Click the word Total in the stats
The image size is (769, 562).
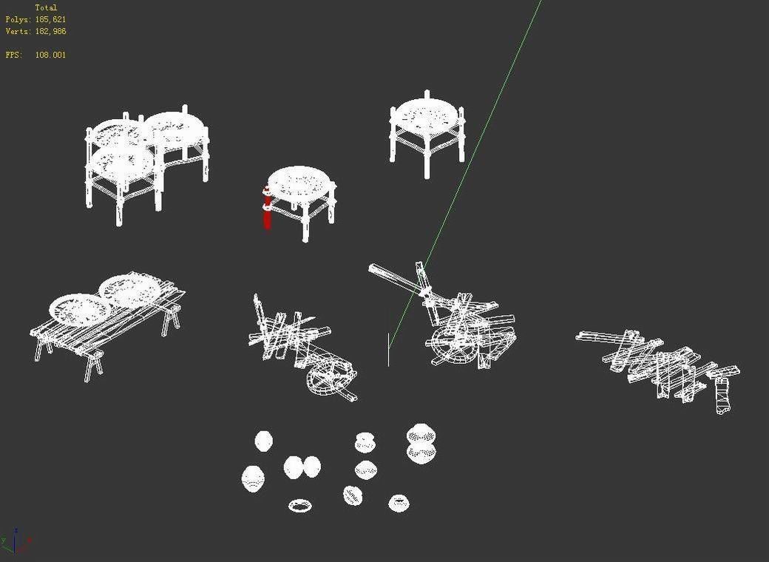pos(46,7)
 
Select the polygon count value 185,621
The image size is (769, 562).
pos(50,19)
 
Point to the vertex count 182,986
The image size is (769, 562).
pos(50,31)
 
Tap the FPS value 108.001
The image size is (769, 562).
pos(50,55)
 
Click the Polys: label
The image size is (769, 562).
pos(18,19)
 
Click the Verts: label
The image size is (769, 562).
pos(18,31)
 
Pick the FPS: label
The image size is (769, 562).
pos(13,55)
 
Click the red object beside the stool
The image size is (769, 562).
pos(266,209)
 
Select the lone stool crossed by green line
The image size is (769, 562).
pos(427,129)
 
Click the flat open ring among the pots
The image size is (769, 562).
pos(299,506)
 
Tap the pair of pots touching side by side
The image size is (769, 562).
pos(302,467)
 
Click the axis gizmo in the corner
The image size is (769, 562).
pos(16,542)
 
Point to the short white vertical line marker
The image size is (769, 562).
pos(388,349)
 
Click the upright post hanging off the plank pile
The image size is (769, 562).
pos(722,395)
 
